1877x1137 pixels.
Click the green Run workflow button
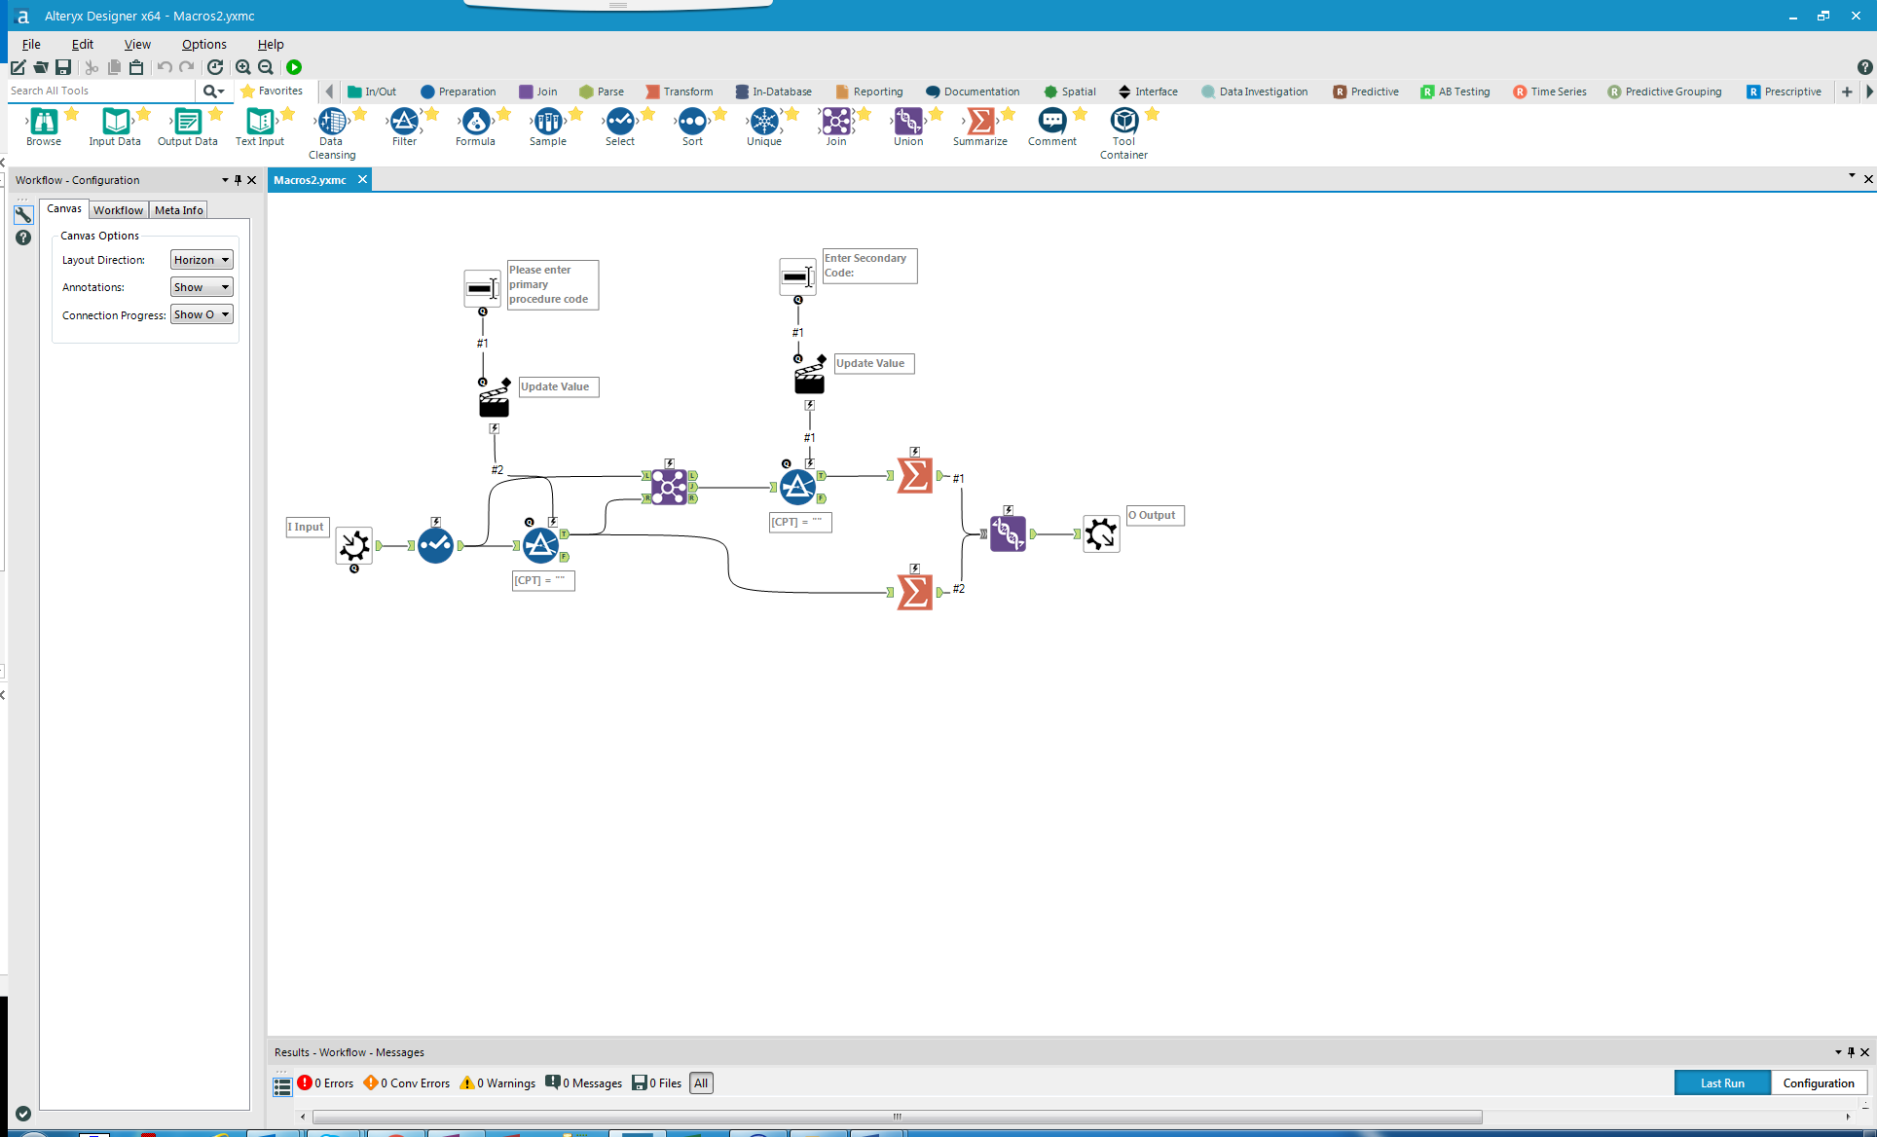pos(294,67)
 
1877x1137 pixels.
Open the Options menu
pos(203,44)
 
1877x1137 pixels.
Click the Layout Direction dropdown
pos(202,260)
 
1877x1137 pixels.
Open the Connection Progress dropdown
pos(202,314)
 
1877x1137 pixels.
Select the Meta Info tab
pos(178,210)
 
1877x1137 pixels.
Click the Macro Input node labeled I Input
pos(354,545)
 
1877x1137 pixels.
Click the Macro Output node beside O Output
pos(1101,533)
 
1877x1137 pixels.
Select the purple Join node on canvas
pos(669,487)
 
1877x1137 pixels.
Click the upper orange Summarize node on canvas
pos(914,476)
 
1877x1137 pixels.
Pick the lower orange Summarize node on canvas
pos(914,592)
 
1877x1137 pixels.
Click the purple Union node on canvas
pos(1008,533)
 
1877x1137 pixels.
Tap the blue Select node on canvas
pos(435,545)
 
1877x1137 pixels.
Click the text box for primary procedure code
pos(482,289)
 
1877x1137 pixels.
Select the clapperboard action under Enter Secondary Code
pos(809,380)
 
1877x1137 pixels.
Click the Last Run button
pos(1721,1082)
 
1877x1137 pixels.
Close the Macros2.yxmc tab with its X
pos(362,179)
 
